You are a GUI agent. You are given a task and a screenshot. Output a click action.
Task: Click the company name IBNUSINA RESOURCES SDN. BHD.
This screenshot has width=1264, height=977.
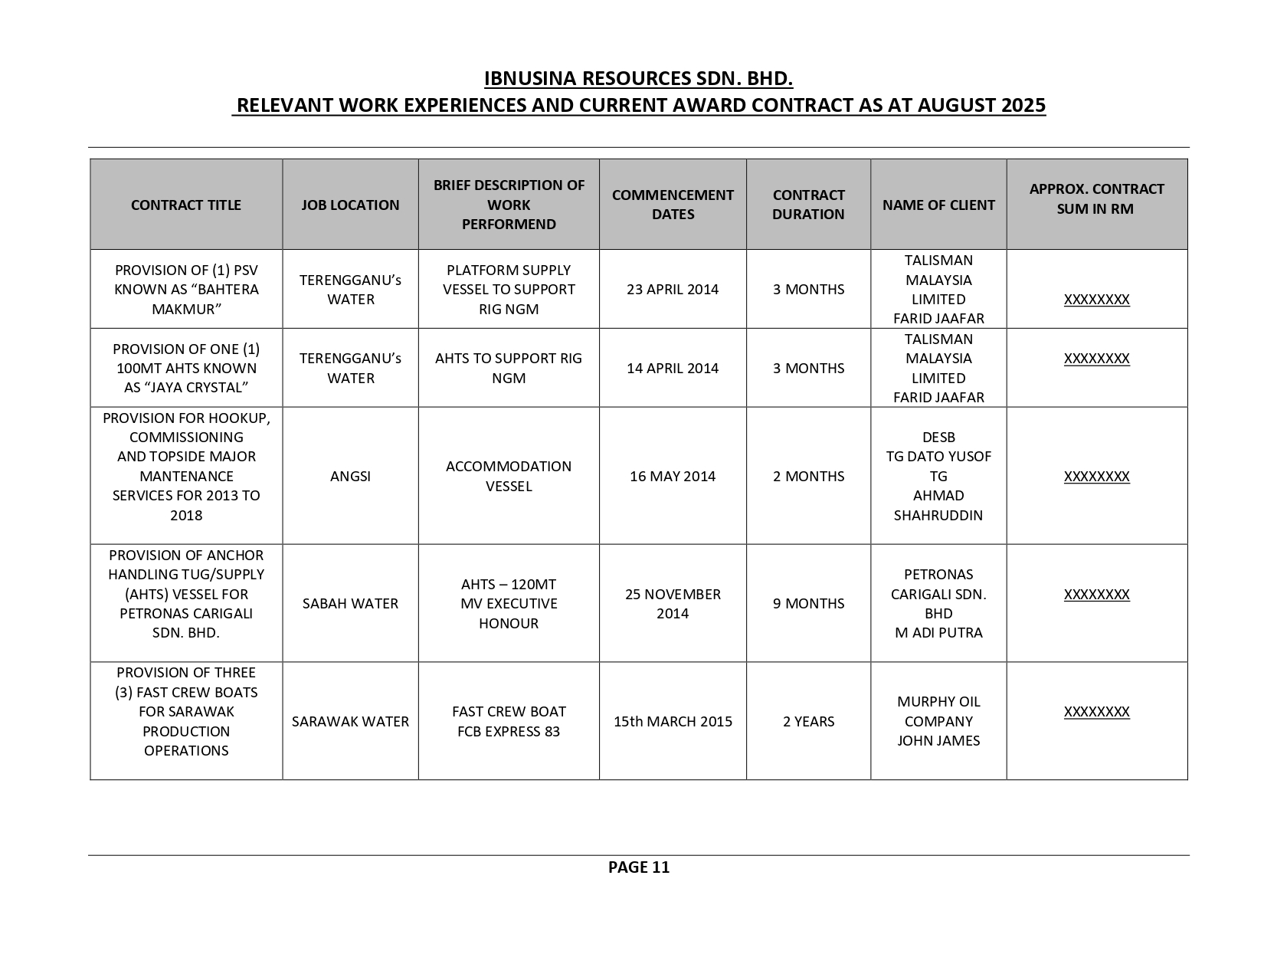point(638,79)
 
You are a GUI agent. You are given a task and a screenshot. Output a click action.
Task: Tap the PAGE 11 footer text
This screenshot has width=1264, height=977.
point(638,867)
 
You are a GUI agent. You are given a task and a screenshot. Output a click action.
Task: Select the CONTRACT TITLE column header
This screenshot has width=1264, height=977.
point(186,205)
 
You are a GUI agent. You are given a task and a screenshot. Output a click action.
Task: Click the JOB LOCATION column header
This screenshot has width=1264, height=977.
point(350,205)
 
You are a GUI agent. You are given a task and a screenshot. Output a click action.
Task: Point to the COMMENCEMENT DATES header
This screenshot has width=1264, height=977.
point(673,205)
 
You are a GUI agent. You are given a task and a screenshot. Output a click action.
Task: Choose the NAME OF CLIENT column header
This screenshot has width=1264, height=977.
point(938,205)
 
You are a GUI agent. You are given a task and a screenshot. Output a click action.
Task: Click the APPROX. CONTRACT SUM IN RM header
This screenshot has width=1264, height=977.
point(1096,198)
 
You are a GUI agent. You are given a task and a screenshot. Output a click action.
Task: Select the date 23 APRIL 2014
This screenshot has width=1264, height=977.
point(673,290)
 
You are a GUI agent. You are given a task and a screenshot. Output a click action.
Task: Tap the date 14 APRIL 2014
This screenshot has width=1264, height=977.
point(673,369)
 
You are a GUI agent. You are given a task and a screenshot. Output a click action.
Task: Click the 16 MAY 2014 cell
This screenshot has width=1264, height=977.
point(673,477)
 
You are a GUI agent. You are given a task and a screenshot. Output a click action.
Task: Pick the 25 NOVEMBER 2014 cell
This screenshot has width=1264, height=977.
point(673,604)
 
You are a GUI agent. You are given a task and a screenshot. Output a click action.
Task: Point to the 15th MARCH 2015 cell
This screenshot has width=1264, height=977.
point(673,722)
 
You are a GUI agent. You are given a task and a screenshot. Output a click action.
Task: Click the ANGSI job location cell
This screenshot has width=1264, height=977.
point(350,477)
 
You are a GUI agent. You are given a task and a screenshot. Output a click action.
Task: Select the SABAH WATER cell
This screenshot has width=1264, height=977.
point(350,604)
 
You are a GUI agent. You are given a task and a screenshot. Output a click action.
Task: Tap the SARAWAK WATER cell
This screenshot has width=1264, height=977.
point(350,722)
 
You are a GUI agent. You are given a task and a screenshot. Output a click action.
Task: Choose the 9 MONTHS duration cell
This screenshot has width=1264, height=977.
point(808,604)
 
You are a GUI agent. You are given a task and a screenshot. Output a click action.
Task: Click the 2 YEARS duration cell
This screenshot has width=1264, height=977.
point(808,722)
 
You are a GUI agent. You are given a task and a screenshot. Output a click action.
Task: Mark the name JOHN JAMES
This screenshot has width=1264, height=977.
point(938,741)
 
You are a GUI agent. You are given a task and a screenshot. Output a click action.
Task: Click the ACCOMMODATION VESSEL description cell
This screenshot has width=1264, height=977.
point(509,477)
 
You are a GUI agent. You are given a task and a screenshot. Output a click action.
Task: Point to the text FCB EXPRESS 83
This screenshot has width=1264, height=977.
point(509,732)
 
